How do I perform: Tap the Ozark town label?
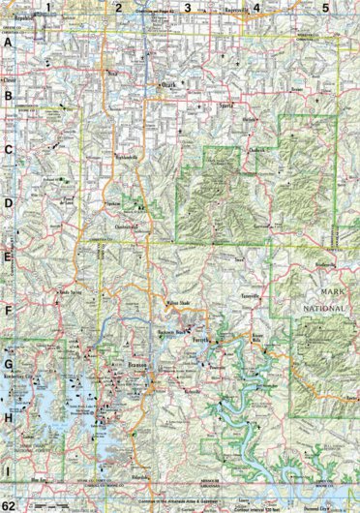pyautogui.click(x=168, y=84)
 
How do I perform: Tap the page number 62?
pyautogui.click(x=9, y=505)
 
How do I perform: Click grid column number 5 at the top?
pyautogui.click(x=325, y=8)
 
